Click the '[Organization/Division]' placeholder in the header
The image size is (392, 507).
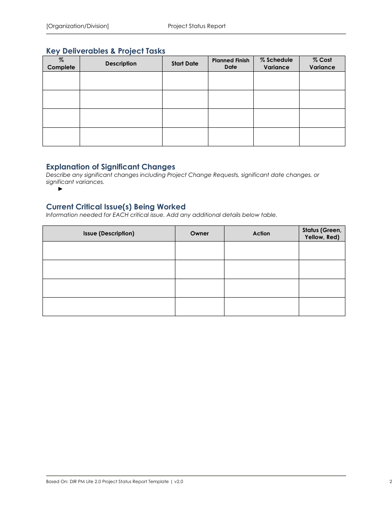click(x=78, y=26)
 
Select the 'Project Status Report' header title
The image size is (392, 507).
click(x=196, y=26)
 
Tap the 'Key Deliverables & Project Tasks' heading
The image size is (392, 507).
click(x=106, y=51)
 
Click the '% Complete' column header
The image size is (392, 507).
click(x=61, y=63)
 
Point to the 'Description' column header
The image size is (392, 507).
click(x=121, y=63)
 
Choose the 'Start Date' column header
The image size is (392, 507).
click(x=185, y=63)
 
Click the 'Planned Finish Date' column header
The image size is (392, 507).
click(x=231, y=63)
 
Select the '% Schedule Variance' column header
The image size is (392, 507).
click(x=276, y=63)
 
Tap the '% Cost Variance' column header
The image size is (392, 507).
click(x=322, y=63)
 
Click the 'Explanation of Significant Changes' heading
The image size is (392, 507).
click(x=111, y=167)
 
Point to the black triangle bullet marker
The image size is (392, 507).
click(x=60, y=189)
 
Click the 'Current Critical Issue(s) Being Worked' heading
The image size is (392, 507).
click(x=116, y=207)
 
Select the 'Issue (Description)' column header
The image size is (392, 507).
click(x=109, y=233)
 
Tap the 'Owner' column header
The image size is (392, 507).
click(x=199, y=233)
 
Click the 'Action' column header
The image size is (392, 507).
click(x=261, y=233)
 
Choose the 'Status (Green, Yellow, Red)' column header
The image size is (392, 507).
click(x=322, y=233)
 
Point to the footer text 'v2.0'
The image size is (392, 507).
click(x=179, y=481)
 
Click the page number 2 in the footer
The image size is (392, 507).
click(x=390, y=481)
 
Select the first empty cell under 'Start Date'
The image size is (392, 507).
click(x=185, y=81)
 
